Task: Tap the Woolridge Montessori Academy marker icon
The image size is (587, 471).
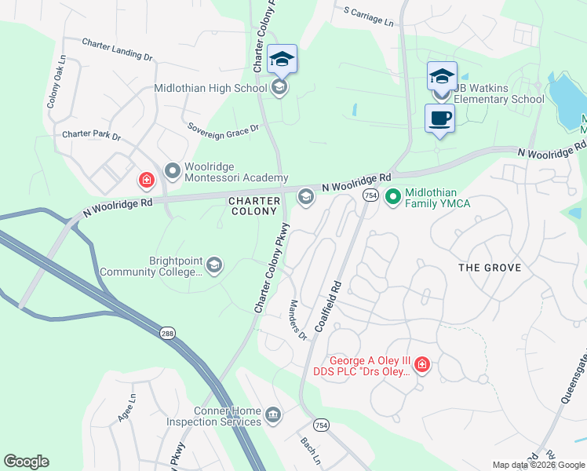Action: point(172,170)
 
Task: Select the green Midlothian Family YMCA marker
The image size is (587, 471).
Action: point(393,195)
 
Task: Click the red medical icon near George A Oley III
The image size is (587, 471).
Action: point(421,365)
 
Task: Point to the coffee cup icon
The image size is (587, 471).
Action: point(439,118)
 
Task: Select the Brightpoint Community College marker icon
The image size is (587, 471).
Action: point(213,266)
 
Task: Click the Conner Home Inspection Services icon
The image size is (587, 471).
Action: point(272,414)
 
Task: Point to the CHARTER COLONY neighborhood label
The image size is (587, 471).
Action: point(253,206)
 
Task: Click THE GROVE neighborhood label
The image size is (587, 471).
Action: point(490,268)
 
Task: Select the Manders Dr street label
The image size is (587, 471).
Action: point(297,321)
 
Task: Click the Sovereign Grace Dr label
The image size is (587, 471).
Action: point(223,127)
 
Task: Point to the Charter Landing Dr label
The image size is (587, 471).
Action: point(117,51)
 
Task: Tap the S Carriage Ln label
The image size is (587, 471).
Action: point(368,15)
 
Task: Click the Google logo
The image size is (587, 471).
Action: point(26,462)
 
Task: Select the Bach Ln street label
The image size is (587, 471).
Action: point(307,451)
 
